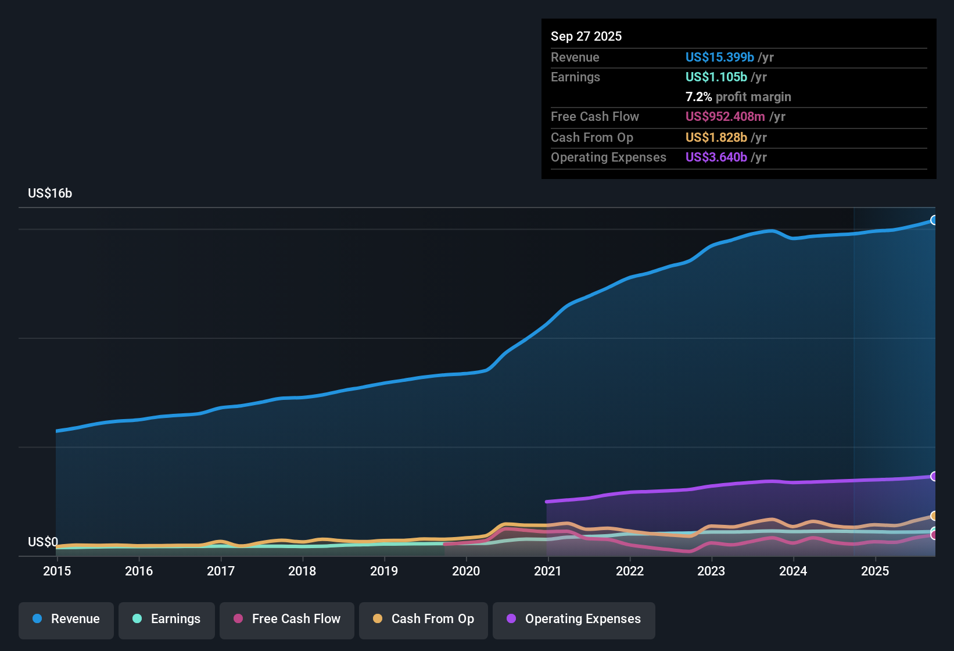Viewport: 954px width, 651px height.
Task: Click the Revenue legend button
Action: pos(66,619)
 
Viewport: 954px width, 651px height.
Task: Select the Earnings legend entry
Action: pos(167,619)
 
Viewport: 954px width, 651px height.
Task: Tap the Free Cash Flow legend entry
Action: pos(287,619)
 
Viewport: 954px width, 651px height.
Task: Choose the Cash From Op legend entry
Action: pos(424,619)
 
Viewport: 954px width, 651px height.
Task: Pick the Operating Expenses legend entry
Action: pos(574,619)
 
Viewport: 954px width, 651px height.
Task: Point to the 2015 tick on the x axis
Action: pos(57,571)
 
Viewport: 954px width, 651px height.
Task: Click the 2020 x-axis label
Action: pos(466,571)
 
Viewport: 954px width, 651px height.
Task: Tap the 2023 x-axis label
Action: pos(711,571)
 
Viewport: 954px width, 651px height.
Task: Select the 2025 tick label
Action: pos(875,571)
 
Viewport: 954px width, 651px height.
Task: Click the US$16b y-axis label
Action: pos(50,194)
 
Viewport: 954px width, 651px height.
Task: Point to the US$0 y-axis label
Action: pos(43,542)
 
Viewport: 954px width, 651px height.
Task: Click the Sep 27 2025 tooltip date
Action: pos(586,37)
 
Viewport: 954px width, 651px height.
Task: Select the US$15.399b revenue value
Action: pos(720,58)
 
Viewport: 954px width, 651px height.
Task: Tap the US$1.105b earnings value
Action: pos(716,77)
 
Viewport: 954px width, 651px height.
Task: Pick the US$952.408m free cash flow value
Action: pos(725,117)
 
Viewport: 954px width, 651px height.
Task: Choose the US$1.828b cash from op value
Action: pos(716,138)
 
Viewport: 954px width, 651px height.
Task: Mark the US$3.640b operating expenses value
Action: pos(716,158)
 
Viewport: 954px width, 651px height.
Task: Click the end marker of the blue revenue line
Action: pos(934,220)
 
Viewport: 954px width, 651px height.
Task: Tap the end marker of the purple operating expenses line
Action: pos(934,477)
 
